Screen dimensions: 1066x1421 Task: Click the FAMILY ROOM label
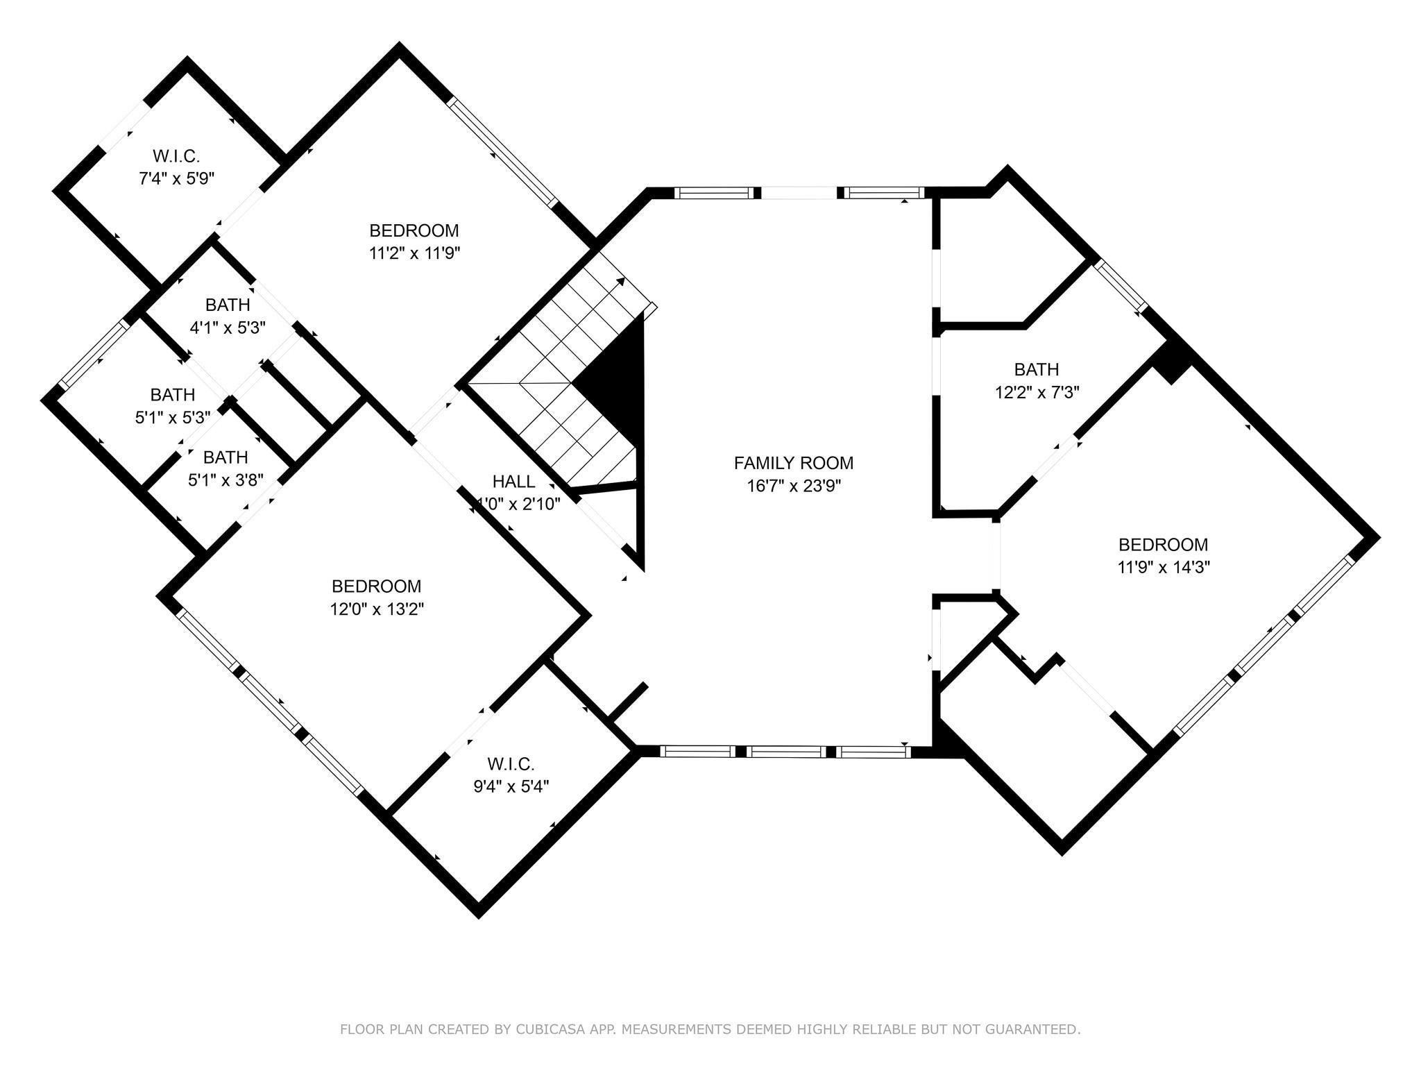(793, 463)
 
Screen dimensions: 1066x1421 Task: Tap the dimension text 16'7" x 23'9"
(793, 486)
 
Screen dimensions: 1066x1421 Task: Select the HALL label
(513, 481)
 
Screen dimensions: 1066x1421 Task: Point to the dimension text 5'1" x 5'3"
(173, 418)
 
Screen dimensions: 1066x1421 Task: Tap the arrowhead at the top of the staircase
(621, 282)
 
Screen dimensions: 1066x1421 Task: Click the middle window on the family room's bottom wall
(788, 751)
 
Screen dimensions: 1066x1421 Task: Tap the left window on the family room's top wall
(715, 193)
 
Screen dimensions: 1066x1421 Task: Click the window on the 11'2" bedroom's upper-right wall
(502, 152)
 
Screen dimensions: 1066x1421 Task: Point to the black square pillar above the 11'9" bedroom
(1173, 360)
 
